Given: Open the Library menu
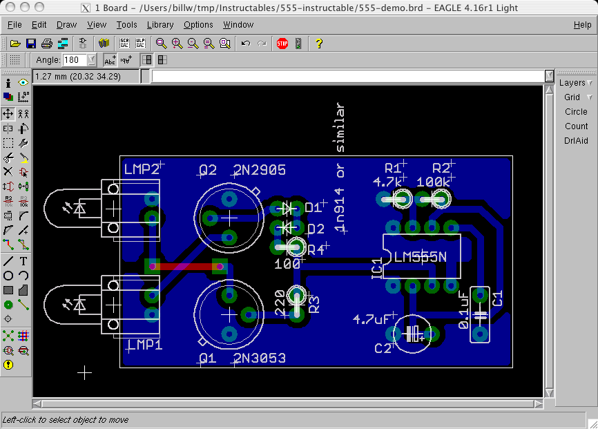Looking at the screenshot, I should (x=160, y=25).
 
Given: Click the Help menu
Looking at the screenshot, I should (x=582, y=25).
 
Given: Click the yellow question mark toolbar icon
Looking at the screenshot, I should (x=318, y=43).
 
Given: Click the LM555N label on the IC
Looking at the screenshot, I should (x=420, y=257).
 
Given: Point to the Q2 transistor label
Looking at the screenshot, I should (x=208, y=170).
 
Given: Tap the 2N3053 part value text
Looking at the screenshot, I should (x=260, y=358).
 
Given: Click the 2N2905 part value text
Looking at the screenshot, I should (x=260, y=170).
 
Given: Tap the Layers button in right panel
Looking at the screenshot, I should (x=572, y=83).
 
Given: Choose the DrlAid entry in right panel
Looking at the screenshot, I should (x=576, y=141).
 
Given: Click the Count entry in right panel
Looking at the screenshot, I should (x=576, y=126).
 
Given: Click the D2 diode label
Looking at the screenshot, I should (x=316, y=229).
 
